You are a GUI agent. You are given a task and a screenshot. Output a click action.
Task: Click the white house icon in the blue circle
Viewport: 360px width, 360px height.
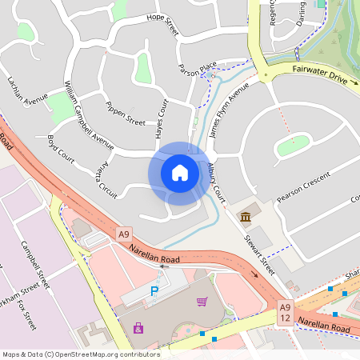click(179, 173)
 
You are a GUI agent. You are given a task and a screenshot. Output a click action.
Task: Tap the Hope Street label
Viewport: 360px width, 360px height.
click(162, 25)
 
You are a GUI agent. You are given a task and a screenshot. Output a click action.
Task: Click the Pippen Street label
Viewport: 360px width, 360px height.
click(125, 116)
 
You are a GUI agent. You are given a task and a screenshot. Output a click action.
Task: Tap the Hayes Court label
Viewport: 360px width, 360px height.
click(161, 118)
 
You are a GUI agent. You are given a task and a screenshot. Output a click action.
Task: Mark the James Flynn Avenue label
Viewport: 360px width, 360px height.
click(224, 115)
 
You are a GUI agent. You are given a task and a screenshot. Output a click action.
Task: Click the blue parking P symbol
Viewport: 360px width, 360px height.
click(154, 293)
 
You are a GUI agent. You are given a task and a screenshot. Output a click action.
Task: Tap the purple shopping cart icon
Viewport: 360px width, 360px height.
click(202, 302)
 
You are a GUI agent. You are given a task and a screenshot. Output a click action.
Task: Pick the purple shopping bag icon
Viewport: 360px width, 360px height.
click(139, 327)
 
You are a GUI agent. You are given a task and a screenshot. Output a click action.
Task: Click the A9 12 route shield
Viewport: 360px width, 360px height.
click(285, 313)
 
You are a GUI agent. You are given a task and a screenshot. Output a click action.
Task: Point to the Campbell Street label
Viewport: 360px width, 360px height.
click(35, 264)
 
